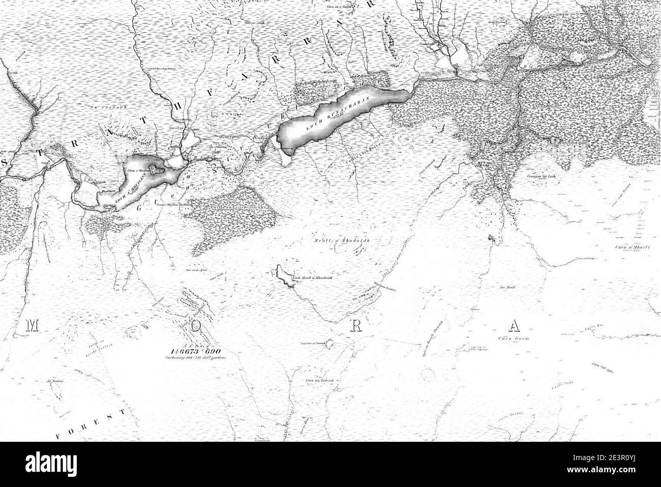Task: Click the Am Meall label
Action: [507, 288]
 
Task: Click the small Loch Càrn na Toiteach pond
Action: [330, 344]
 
